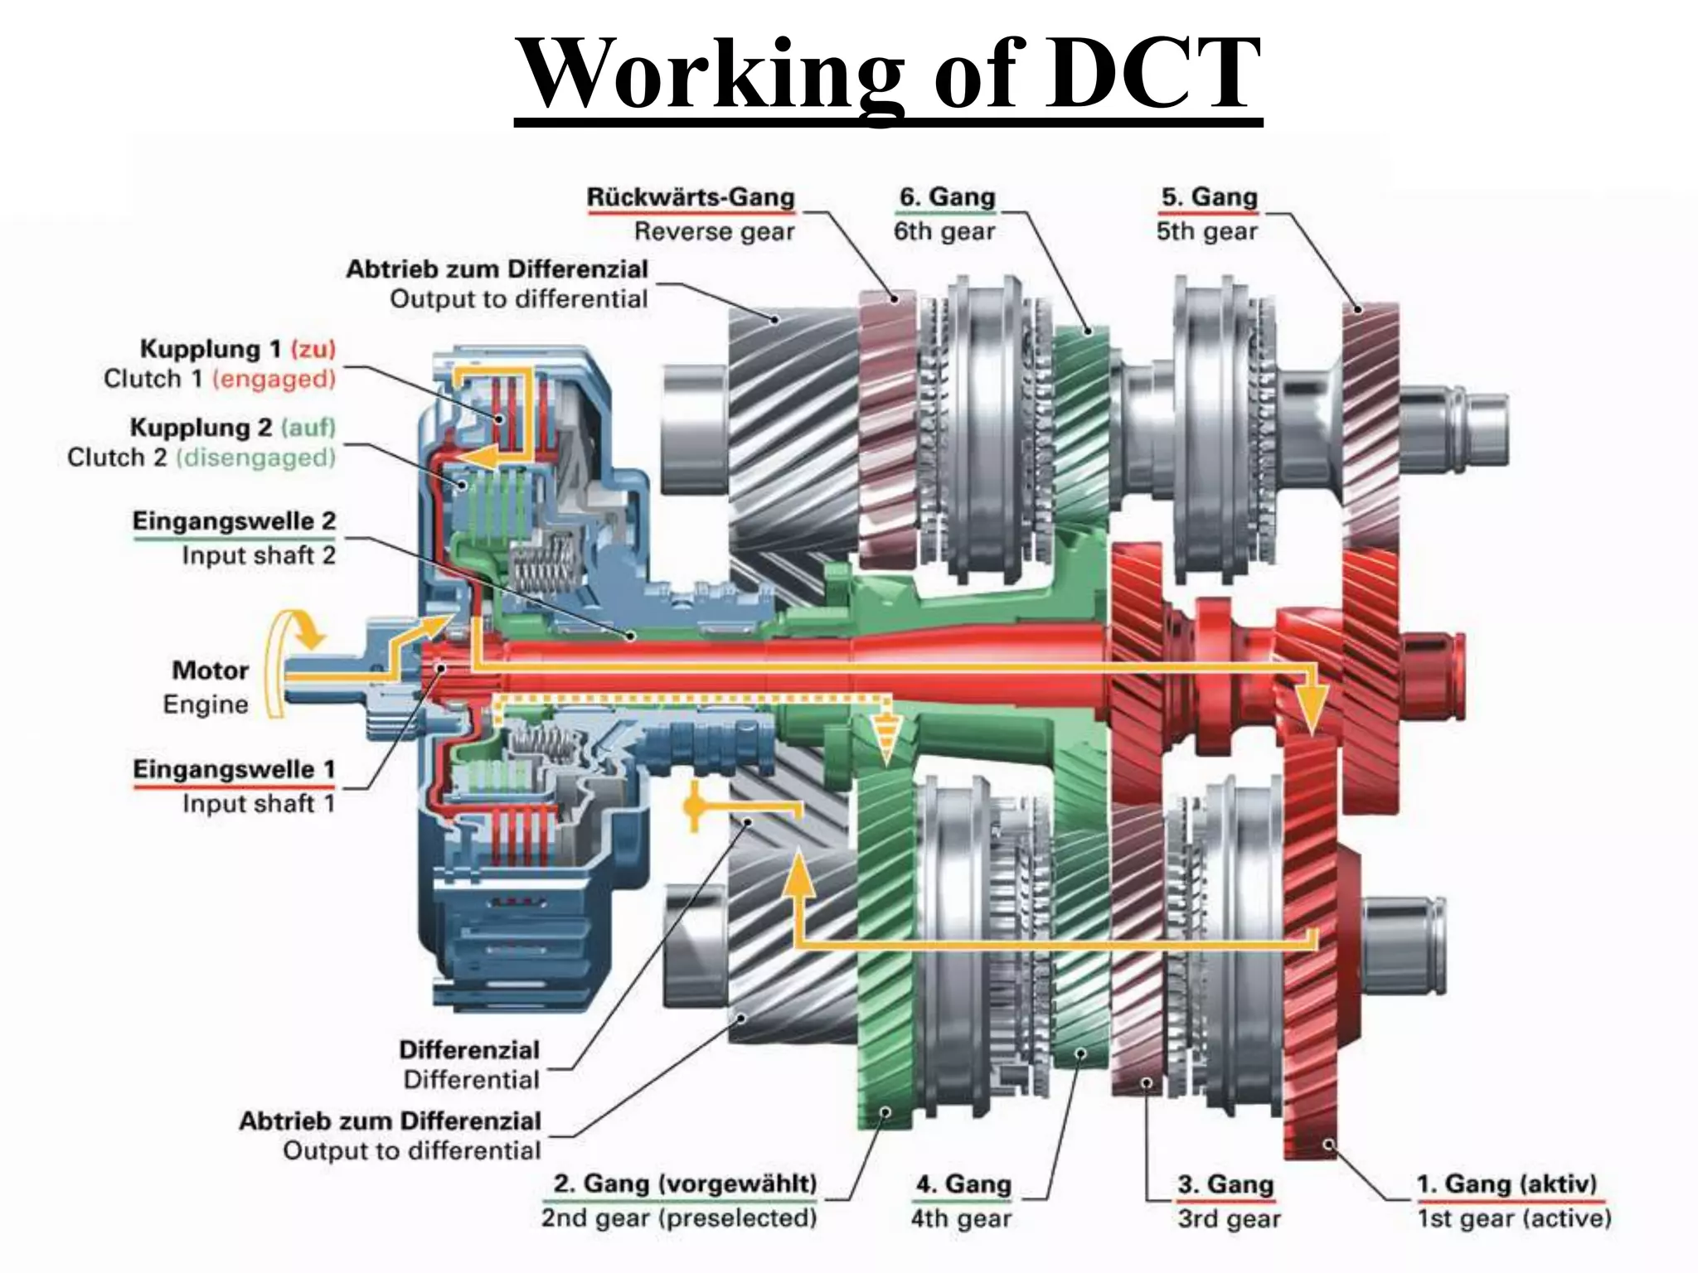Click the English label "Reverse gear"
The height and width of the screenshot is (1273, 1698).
[714, 231]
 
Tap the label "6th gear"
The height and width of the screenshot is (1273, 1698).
[944, 231]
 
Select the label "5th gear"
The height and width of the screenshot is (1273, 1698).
[1207, 231]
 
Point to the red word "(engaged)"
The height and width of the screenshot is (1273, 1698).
[274, 379]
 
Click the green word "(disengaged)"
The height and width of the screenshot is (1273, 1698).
[255, 457]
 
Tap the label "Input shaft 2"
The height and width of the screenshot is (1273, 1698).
[259, 555]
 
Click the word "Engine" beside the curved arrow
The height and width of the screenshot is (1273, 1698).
[206, 704]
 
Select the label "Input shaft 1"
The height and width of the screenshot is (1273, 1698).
[259, 803]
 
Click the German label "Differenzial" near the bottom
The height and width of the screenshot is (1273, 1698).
[469, 1050]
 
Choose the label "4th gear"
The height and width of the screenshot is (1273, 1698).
[961, 1218]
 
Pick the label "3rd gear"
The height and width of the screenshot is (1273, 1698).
[1229, 1218]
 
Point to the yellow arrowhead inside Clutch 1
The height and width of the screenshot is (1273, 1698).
[483, 457]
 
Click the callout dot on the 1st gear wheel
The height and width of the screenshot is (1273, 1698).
[1329, 1145]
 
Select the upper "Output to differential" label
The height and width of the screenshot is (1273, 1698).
[519, 299]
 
